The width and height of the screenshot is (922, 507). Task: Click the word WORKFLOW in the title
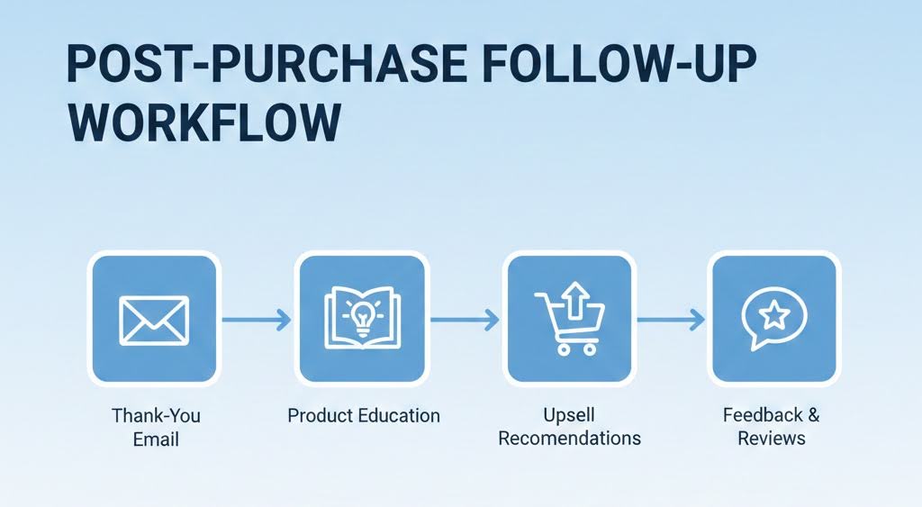(203, 122)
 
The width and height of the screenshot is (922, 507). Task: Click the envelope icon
(154, 319)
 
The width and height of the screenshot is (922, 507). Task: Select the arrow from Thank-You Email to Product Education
(257, 319)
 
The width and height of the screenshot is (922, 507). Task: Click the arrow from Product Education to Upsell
(465, 319)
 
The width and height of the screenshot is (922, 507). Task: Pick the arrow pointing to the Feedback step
(670, 319)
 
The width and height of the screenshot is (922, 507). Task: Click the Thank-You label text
(156, 416)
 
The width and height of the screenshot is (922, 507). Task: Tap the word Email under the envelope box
(156, 439)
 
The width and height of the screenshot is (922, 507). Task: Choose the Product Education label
(364, 416)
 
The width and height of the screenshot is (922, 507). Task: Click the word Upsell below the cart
(570, 416)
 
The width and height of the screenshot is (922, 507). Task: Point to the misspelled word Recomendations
(570, 439)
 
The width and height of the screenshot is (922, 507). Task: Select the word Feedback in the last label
(761, 416)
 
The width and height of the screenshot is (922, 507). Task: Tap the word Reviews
(772, 439)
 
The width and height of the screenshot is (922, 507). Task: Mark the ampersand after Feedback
(813, 416)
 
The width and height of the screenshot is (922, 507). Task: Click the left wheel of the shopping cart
(562, 348)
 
